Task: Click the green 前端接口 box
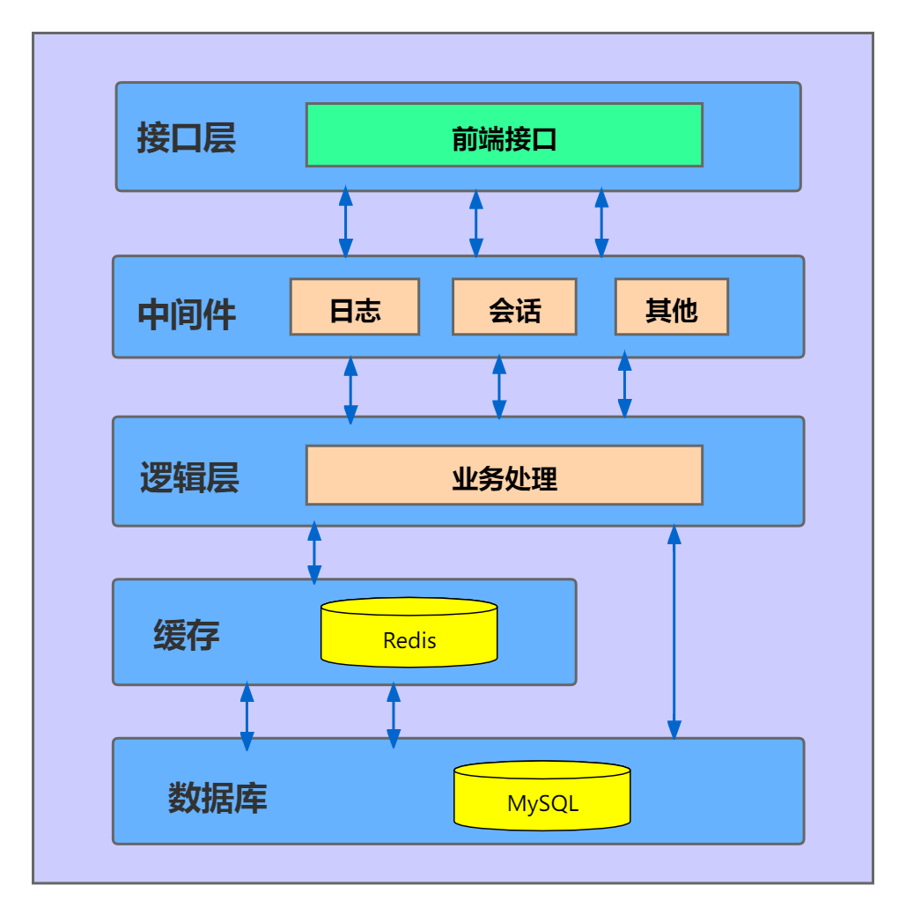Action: pos(504,135)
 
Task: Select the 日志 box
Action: pos(355,307)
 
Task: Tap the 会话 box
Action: pos(514,307)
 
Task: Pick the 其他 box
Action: pos(671,307)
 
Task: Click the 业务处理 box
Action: pos(504,476)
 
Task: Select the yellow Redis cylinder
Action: pos(409,633)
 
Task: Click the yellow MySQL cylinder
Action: pos(542,796)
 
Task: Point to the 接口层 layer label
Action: pos(187,138)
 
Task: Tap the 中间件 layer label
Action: pos(187,314)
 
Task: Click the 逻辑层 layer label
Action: pos(189,478)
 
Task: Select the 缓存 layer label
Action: pos(186,635)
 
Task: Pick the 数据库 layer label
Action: pos(217,798)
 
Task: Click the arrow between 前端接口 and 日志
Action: pos(346,222)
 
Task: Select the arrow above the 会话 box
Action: pos(476,222)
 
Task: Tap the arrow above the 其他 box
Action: pos(601,222)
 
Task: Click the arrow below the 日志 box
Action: pos(350,389)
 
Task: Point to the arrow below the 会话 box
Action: pos(499,387)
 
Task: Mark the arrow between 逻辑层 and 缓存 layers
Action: pos(314,553)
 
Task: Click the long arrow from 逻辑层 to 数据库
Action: pos(674,632)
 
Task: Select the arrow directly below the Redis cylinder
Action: pos(394,715)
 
